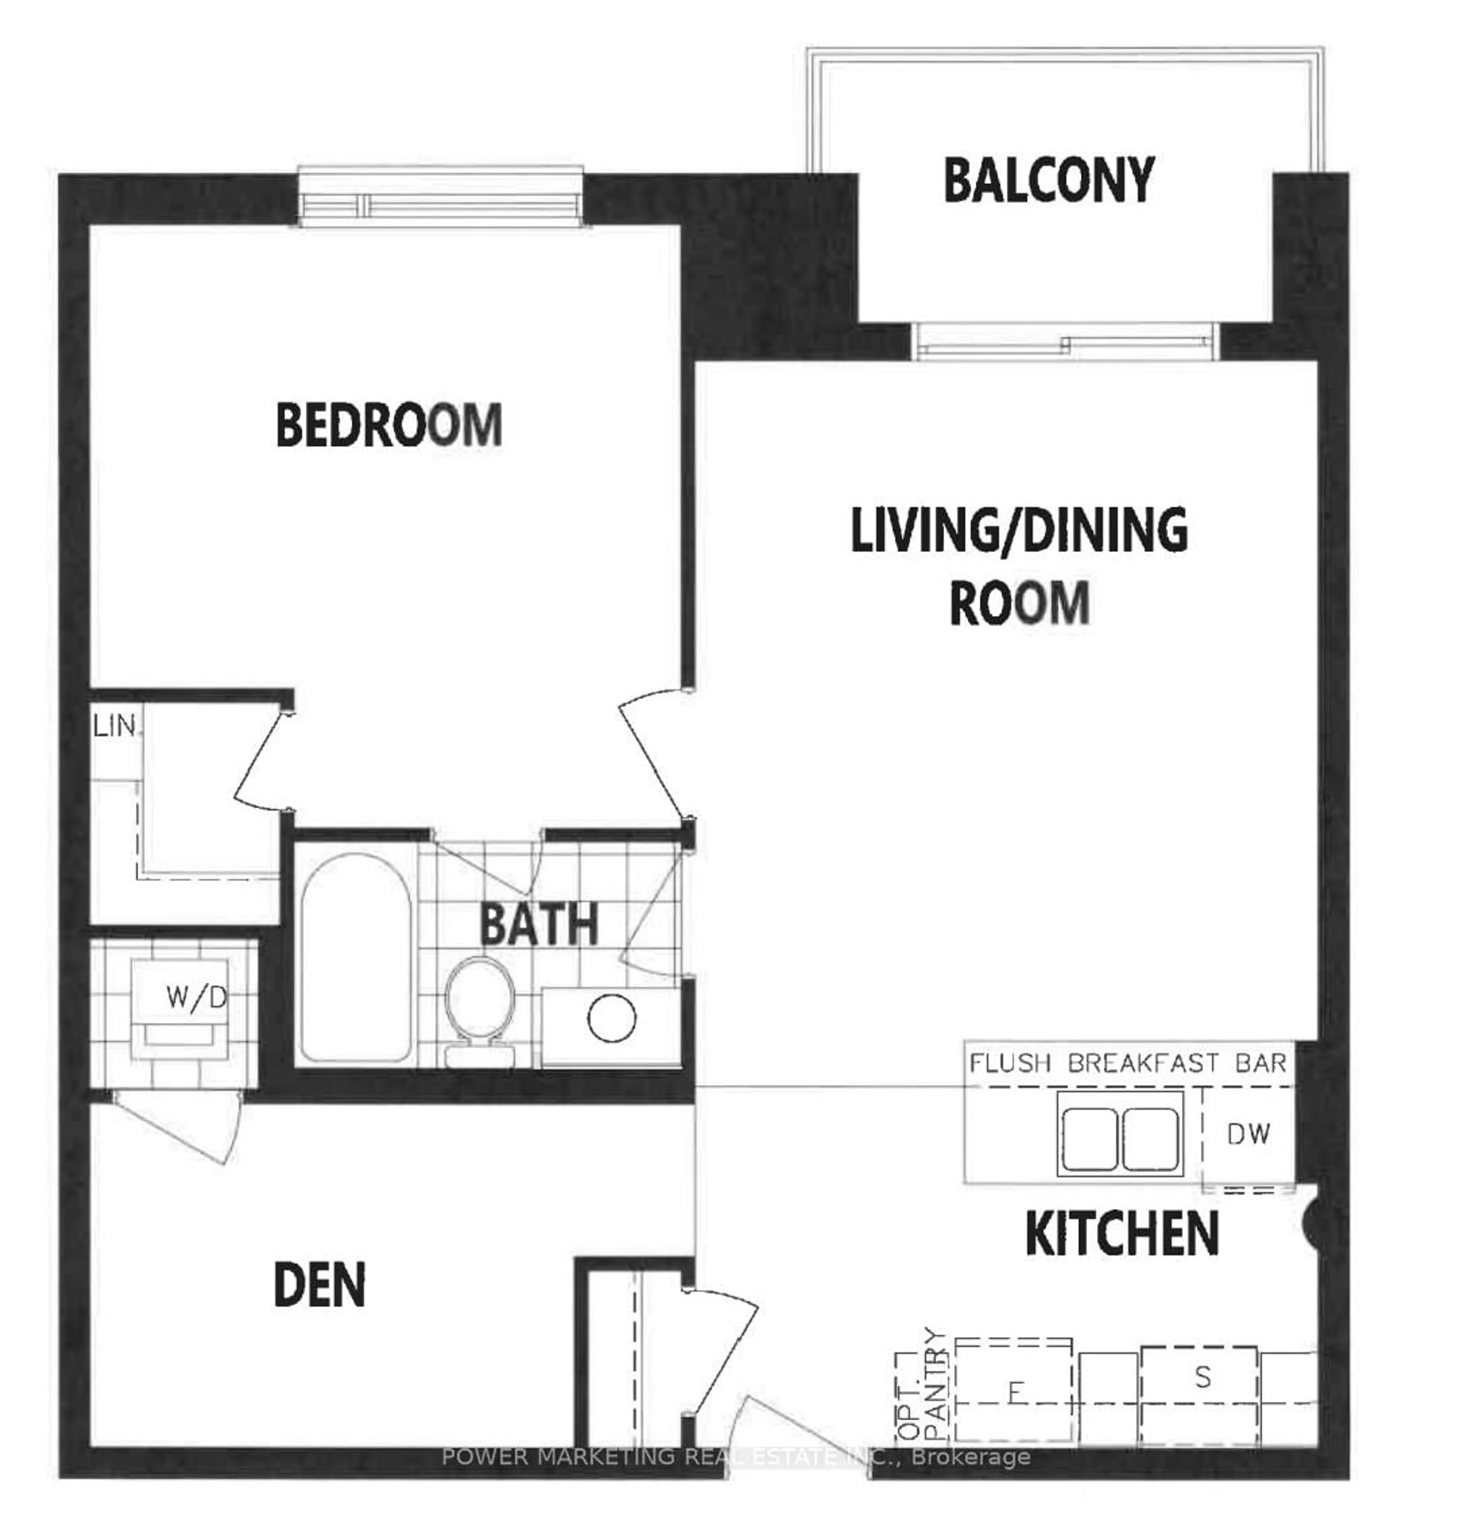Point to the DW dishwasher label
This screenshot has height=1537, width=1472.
tap(1248, 1134)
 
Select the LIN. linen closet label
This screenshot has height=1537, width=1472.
tap(115, 726)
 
